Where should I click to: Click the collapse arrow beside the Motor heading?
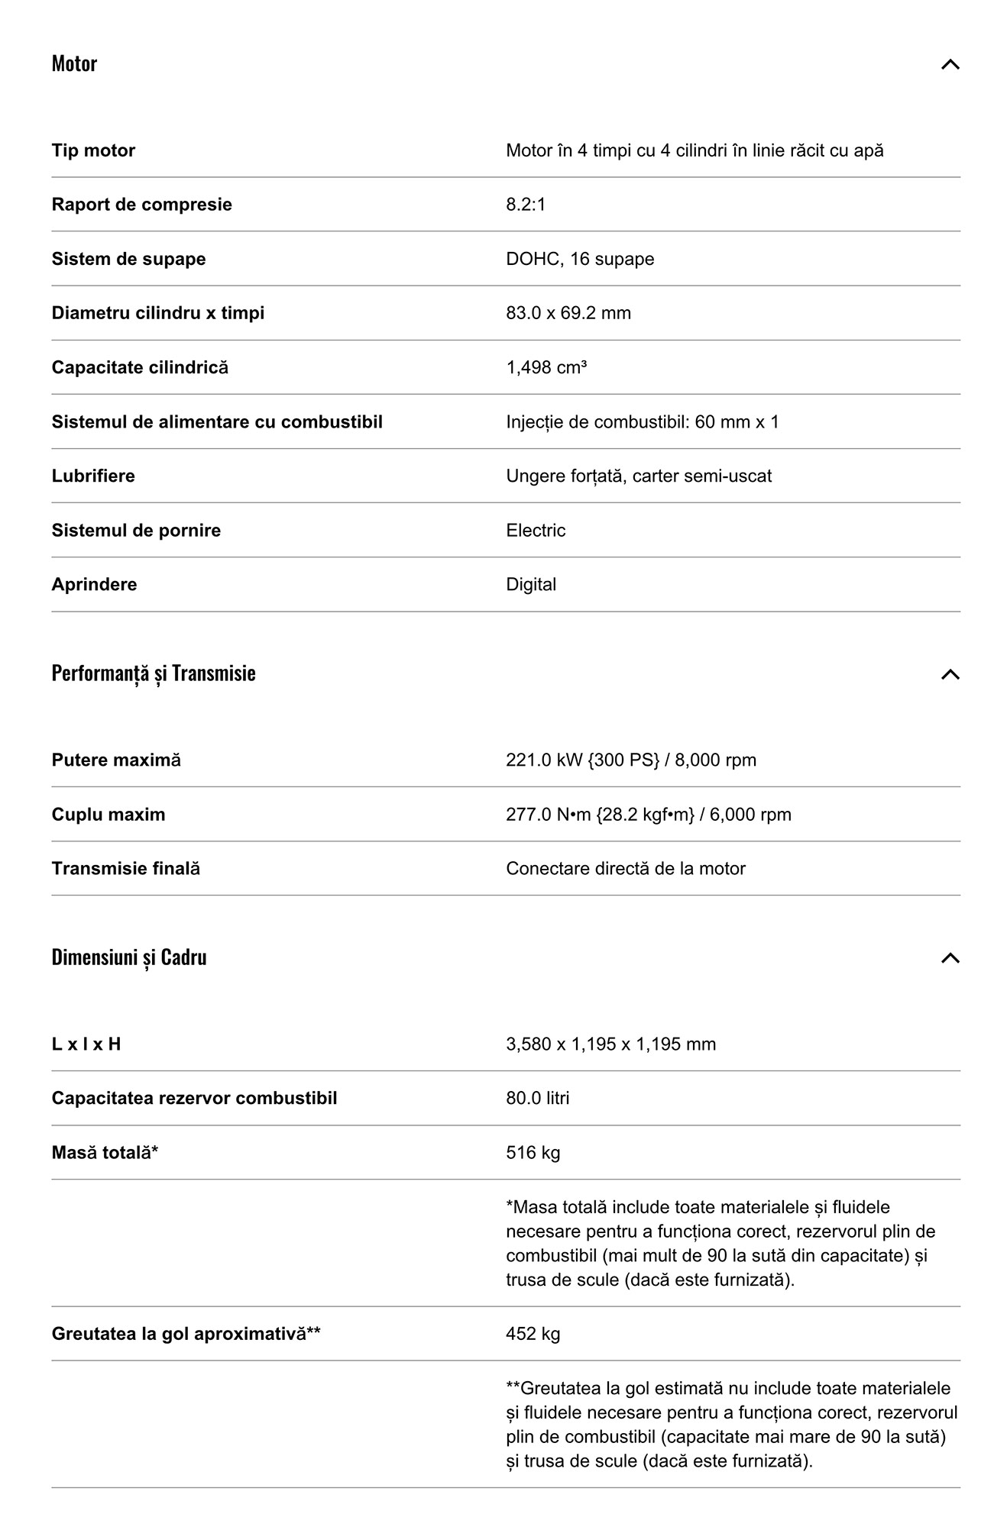(x=950, y=64)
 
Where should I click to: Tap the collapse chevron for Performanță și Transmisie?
(x=950, y=674)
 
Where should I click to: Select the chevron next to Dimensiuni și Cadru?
(x=950, y=958)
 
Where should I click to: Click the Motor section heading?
(x=74, y=63)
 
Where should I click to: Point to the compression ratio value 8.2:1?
(x=526, y=205)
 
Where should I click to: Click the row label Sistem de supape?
(x=128, y=259)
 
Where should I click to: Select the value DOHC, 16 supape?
(x=580, y=259)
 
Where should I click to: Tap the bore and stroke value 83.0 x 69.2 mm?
(x=568, y=313)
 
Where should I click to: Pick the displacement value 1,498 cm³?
(x=546, y=367)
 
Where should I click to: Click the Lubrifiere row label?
(x=93, y=476)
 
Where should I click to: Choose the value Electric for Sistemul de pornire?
(x=536, y=531)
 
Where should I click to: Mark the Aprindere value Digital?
(x=531, y=585)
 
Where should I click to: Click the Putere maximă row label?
(x=116, y=760)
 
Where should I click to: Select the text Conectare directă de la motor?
(x=625, y=869)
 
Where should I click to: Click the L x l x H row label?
(x=86, y=1044)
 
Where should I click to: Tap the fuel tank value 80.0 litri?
(x=537, y=1099)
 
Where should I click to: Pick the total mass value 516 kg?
(x=533, y=1153)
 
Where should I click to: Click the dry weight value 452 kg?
(x=533, y=1334)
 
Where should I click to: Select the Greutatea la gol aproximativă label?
(x=186, y=1334)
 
